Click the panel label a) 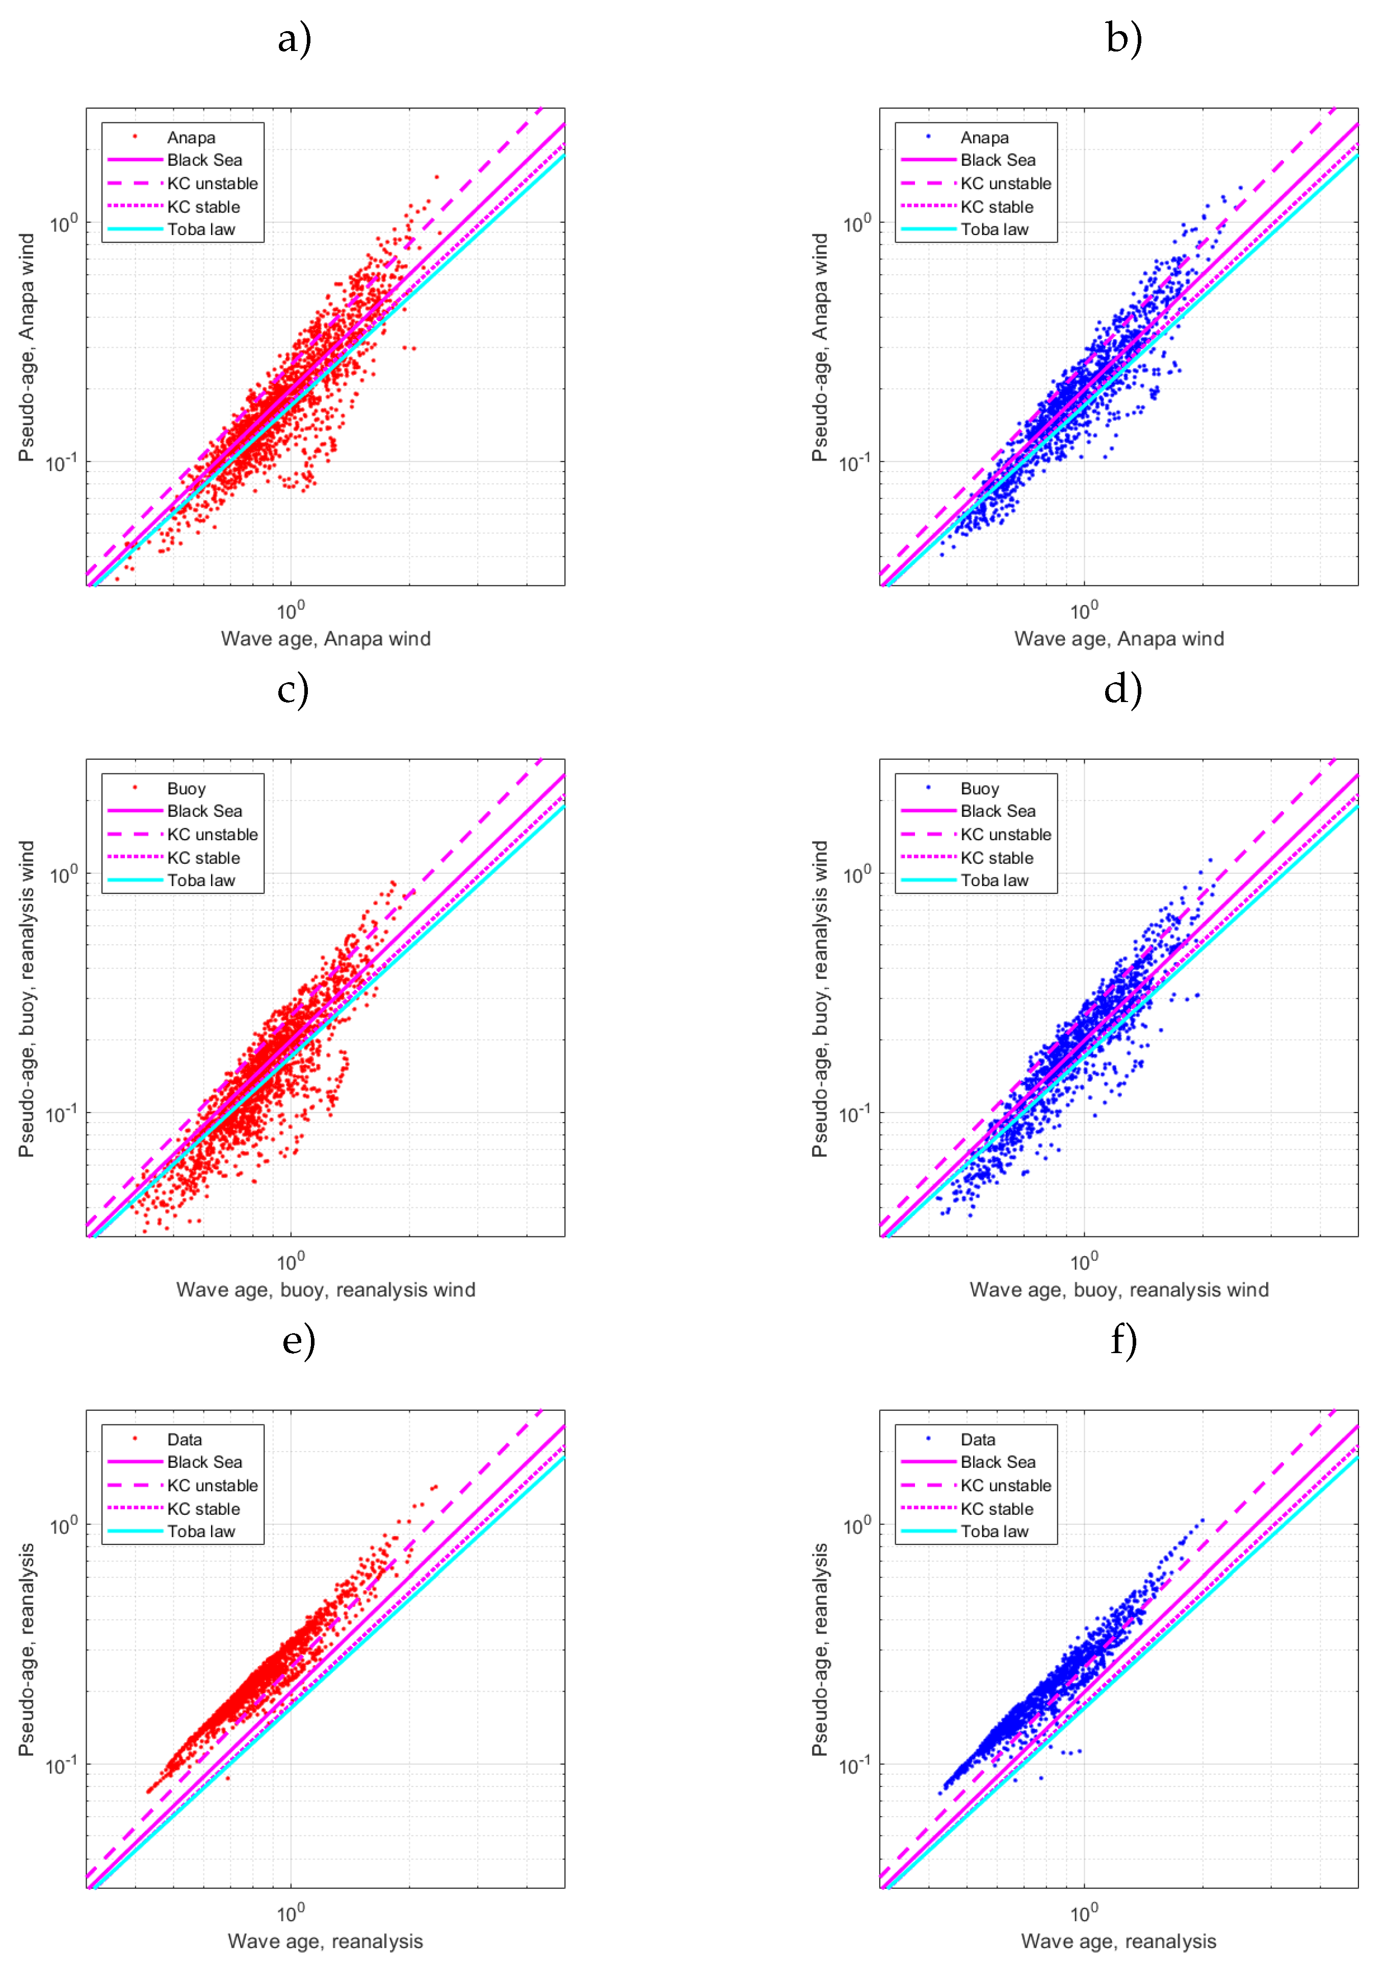tap(294, 39)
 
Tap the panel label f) tap(1123, 1340)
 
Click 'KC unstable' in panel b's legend tap(1005, 184)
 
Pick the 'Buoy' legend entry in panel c tap(186, 789)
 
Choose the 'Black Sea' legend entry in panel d tap(998, 811)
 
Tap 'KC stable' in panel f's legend tap(997, 1509)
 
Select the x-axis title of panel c tap(326, 1290)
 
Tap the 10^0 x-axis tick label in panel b tap(1083, 611)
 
